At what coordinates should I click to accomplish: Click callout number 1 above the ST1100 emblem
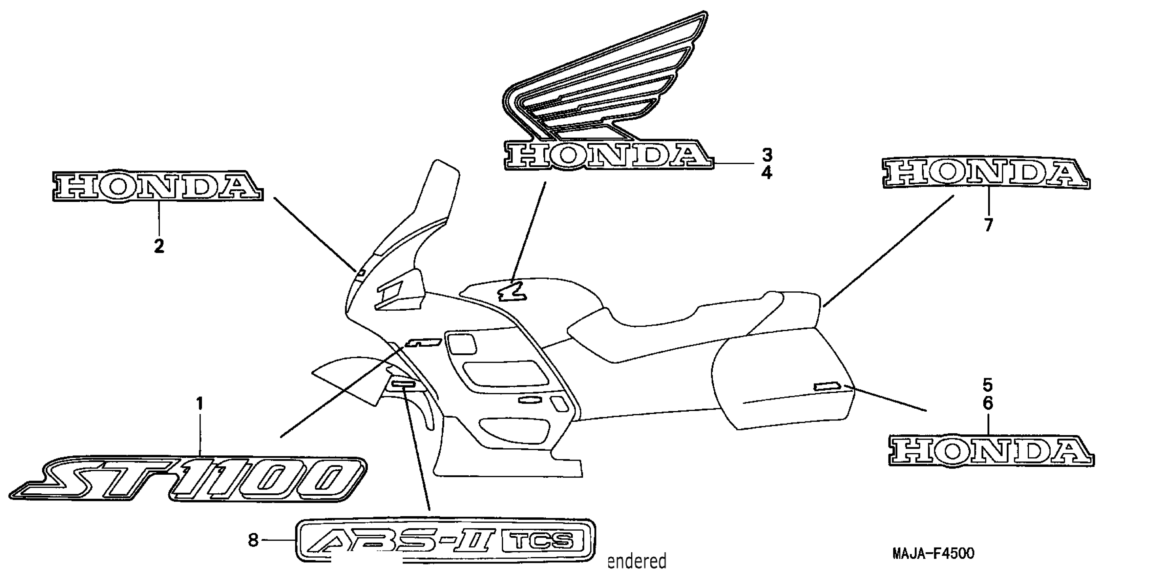(x=200, y=404)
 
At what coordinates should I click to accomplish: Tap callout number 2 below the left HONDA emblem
(x=159, y=246)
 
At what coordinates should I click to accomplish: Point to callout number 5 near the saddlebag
(x=988, y=385)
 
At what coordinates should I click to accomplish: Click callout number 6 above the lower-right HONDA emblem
(x=988, y=404)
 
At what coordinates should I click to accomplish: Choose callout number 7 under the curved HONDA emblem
(x=989, y=225)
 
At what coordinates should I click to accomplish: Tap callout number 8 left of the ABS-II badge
(x=254, y=540)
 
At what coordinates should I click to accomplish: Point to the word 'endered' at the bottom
(x=636, y=561)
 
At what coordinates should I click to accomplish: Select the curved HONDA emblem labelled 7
(x=986, y=174)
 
